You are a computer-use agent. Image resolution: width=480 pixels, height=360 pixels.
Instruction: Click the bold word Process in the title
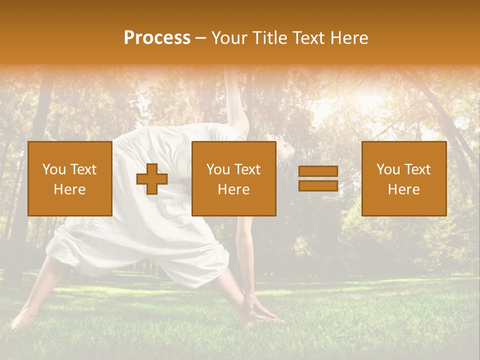pos(157,38)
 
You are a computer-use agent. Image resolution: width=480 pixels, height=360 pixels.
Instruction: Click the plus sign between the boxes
pos(152,179)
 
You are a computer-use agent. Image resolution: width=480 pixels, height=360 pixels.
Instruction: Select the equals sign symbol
pos(318,179)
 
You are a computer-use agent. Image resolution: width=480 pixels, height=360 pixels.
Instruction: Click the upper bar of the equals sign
pos(318,172)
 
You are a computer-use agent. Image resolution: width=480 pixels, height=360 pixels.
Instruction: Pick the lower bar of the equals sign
pos(318,186)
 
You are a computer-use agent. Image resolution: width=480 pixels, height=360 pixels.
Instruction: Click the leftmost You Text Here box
pos(70,178)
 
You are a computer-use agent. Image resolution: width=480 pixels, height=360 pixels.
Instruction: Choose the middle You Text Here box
pos(233,178)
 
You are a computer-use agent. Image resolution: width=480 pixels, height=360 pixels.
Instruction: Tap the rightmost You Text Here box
pos(403,178)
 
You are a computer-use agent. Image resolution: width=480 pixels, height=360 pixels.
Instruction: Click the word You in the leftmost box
pos(53,169)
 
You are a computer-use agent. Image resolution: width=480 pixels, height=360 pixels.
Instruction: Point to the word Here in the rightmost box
pos(403,189)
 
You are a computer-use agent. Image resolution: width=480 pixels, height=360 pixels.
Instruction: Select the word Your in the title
pos(230,38)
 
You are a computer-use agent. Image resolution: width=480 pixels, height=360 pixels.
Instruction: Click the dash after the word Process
pos(200,38)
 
